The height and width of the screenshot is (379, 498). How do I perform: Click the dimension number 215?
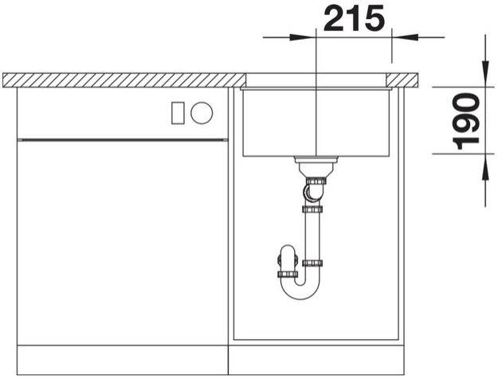[354, 18]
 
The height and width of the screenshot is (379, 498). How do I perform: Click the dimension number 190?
[466, 121]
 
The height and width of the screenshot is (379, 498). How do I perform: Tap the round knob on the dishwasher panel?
[202, 113]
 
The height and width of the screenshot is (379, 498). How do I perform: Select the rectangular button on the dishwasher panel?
[178, 113]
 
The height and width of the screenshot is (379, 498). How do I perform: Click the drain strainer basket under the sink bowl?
[316, 166]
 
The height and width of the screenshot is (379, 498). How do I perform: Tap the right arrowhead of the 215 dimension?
[405, 37]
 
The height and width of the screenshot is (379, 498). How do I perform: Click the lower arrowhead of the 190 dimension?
[485, 167]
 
